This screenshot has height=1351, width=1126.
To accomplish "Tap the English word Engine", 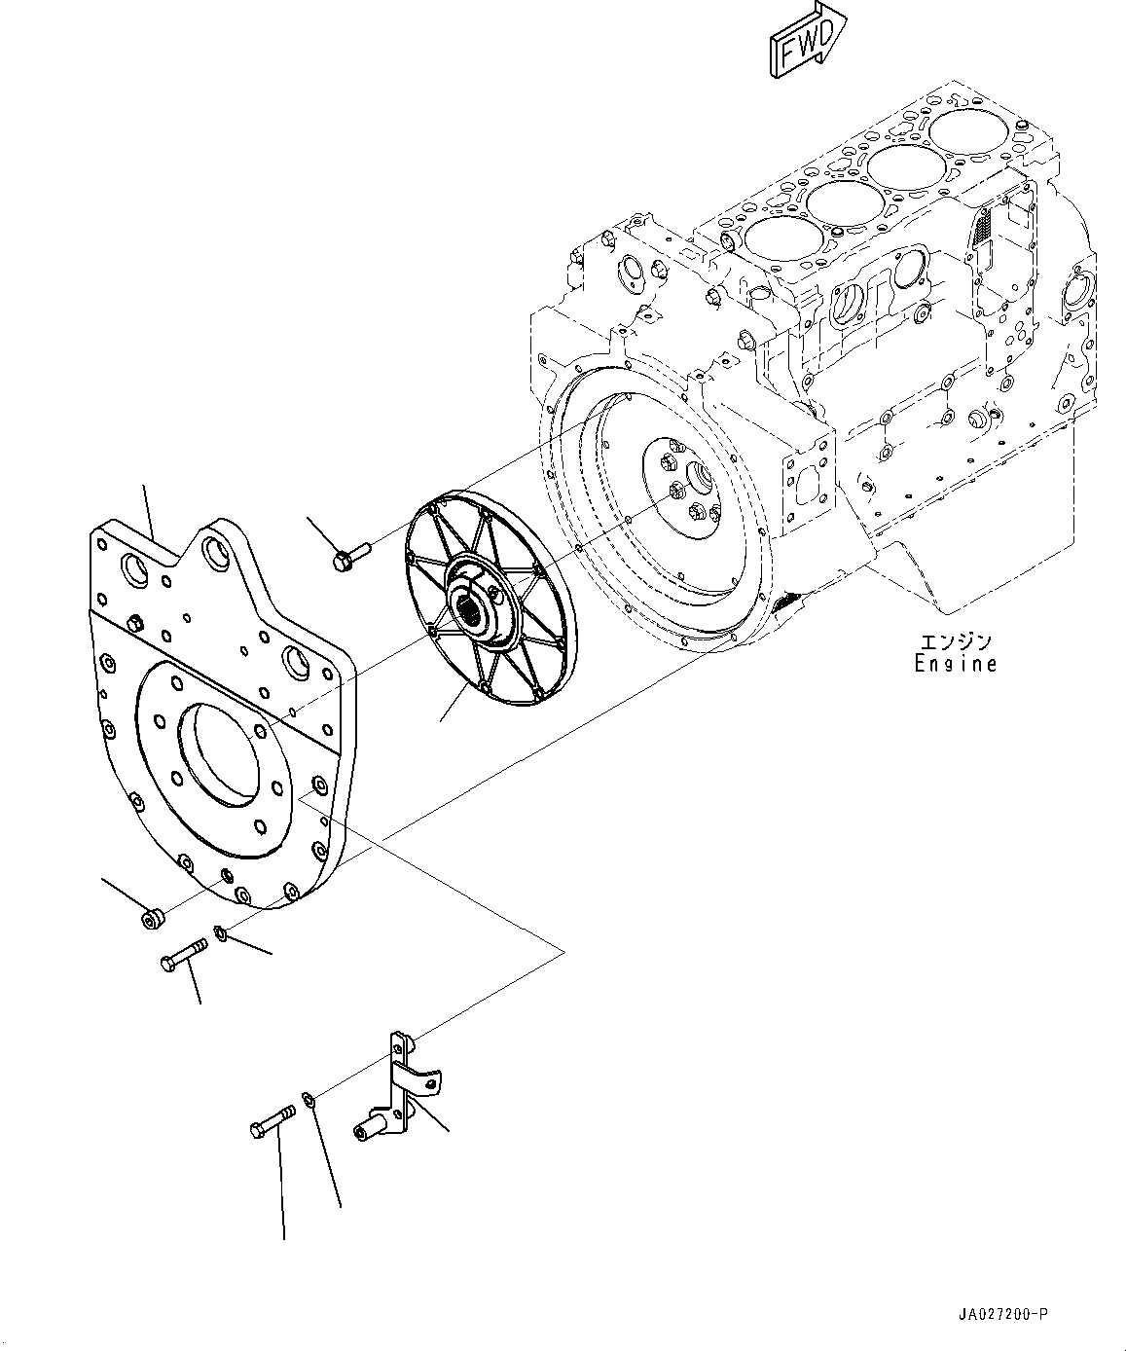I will coord(955,664).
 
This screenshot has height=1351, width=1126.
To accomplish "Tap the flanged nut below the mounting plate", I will coord(152,918).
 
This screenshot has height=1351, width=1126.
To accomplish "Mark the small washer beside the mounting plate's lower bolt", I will coord(222,934).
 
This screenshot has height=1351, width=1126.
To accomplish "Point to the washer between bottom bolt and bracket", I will coord(308,1100).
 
